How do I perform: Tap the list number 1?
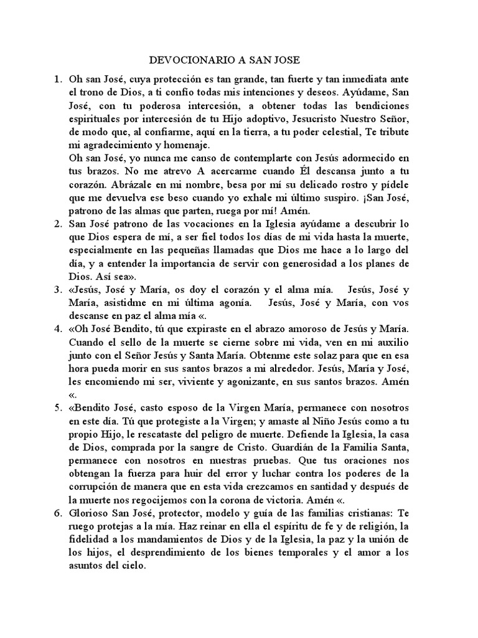pos(57,80)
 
